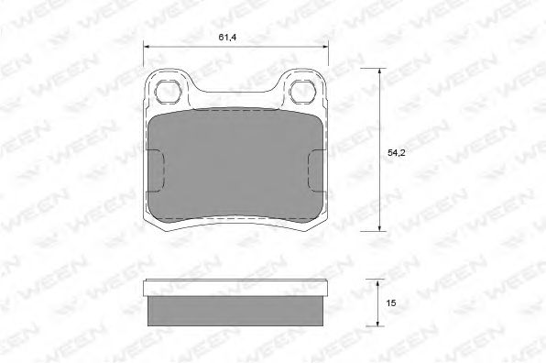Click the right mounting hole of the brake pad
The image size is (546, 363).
tap(302, 91)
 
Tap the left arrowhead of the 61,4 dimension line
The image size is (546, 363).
tap(148, 48)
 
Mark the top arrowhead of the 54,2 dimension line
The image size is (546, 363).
tap(380, 71)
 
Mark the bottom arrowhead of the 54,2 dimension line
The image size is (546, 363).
tap(380, 228)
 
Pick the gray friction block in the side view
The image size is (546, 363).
tap(235, 310)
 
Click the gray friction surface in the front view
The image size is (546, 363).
tap(235, 165)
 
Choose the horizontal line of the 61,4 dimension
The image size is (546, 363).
tap(235, 48)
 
